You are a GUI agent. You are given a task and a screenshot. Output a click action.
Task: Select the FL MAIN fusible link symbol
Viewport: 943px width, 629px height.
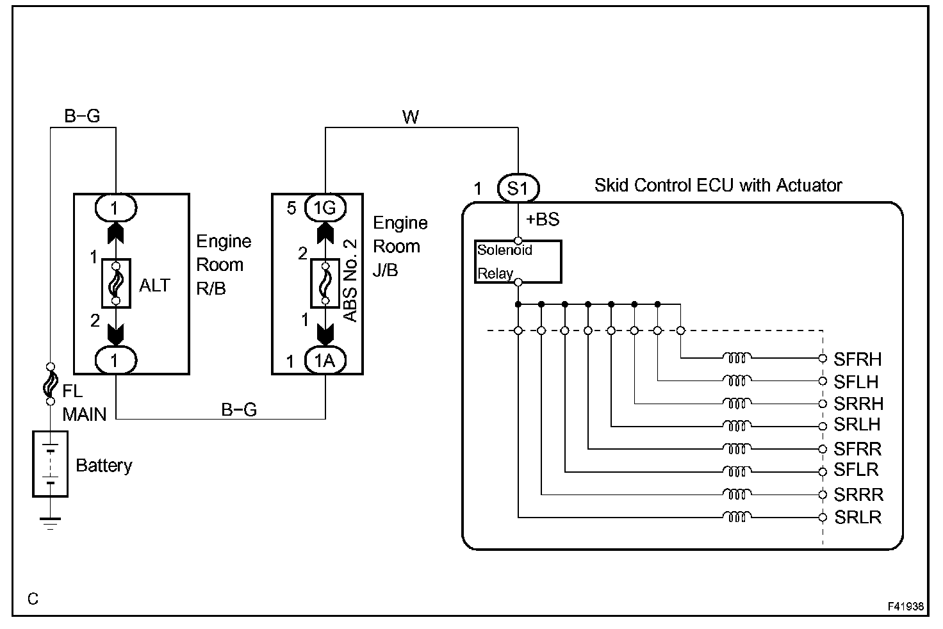coord(51,384)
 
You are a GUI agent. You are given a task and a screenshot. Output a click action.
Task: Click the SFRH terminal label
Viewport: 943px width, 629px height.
coord(858,359)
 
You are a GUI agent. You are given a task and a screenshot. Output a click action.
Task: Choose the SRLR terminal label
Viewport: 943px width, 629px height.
coord(858,518)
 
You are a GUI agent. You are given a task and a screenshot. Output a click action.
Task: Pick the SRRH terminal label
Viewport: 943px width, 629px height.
coord(858,404)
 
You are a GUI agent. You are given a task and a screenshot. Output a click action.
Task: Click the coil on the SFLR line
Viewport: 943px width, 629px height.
coord(737,471)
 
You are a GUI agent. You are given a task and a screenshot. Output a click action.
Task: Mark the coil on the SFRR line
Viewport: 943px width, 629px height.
coord(737,448)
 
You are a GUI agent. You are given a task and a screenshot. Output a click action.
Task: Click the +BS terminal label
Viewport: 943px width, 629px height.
coord(543,219)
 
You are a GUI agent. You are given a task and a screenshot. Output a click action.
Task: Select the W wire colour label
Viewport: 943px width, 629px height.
coord(411,117)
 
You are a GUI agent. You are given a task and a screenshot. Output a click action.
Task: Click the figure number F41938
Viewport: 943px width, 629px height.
coord(906,607)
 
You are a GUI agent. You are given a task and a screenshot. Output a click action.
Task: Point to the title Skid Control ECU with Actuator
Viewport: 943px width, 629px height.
coord(718,185)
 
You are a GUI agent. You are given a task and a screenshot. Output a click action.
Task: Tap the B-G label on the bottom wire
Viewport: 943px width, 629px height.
coord(239,409)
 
